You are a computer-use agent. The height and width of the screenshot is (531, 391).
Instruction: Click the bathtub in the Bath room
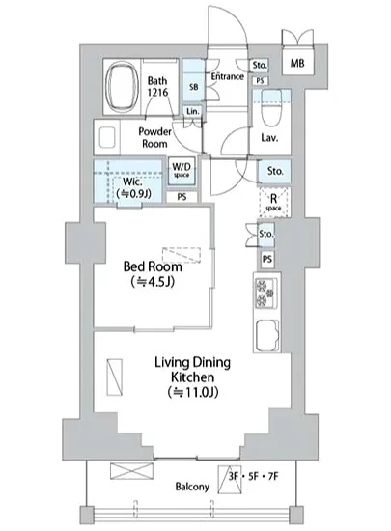point(122,86)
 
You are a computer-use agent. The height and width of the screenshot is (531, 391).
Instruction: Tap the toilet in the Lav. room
point(271,108)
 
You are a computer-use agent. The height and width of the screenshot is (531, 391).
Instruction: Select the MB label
point(297,63)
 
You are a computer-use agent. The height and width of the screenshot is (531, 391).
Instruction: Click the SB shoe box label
point(194,87)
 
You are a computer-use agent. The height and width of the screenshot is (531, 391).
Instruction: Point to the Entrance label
point(228,76)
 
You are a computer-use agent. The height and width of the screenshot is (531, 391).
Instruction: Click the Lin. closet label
point(193,111)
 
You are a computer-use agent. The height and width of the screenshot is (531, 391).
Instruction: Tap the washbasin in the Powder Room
point(106,137)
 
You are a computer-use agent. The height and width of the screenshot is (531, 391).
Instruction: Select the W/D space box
point(182,170)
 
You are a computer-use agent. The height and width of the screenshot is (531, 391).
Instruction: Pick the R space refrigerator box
point(274,202)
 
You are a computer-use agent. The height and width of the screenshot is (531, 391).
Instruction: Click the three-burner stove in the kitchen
point(266,293)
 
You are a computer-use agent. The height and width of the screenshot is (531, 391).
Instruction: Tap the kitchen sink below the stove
point(267,336)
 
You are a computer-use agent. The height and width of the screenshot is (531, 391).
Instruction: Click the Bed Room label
point(153,266)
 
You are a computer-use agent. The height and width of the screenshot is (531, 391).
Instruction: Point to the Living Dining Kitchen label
point(193,370)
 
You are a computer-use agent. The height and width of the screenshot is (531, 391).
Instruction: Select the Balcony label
point(192,487)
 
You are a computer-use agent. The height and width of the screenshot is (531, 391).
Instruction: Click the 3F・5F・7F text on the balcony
point(253,477)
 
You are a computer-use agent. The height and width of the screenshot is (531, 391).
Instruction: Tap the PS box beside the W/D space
point(182,197)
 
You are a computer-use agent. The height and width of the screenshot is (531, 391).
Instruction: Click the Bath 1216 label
point(157,86)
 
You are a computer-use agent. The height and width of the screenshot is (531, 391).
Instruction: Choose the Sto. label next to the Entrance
point(260,65)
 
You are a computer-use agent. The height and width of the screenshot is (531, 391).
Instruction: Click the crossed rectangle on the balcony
point(131,471)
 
